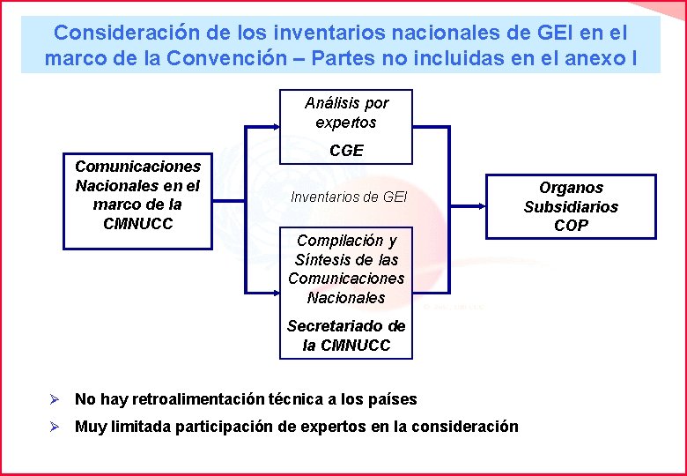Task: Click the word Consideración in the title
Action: [x=114, y=33]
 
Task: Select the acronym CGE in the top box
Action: [x=346, y=151]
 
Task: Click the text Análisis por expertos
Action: [x=346, y=113]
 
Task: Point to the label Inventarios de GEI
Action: [x=349, y=197]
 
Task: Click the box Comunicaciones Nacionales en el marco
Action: [x=137, y=195]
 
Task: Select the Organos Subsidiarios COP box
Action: [x=571, y=206]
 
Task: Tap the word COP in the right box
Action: [x=571, y=226]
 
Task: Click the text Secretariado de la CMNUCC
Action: [x=346, y=335]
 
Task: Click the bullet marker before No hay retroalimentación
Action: [x=55, y=399]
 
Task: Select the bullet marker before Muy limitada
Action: [x=55, y=427]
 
